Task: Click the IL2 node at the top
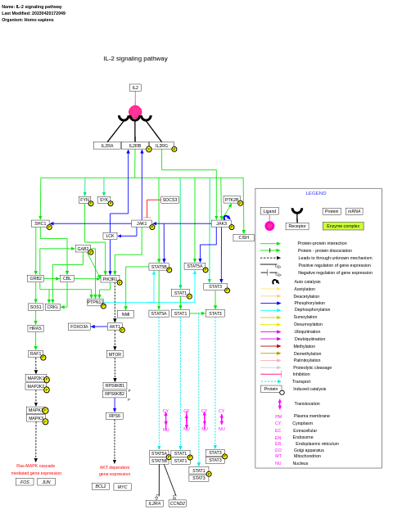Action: [x=135, y=88]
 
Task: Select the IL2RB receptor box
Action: [x=135, y=146]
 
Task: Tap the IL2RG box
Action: [x=161, y=146]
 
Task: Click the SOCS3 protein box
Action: [x=169, y=200]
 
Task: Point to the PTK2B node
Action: [x=232, y=200]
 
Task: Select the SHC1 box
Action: [x=40, y=223]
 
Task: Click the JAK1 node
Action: [x=142, y=223]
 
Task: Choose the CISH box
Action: [x=243, y=237]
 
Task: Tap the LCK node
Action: [x=110, y=236]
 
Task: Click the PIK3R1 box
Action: [x=110, y=279]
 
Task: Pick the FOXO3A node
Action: [x=79, y=327]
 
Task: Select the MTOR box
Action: [x=115, y=354]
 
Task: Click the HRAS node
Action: [x=35, y=328]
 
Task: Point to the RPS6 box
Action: [x=115, y=416]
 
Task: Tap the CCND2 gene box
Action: [x=178, y=503]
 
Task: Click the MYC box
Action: [x=122, y=487]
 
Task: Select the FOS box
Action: [x=25, y=482]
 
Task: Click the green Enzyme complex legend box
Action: [x=343, y=226]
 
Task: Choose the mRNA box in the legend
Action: [x=354, y=211]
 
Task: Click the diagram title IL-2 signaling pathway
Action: [x=135, y=59]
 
